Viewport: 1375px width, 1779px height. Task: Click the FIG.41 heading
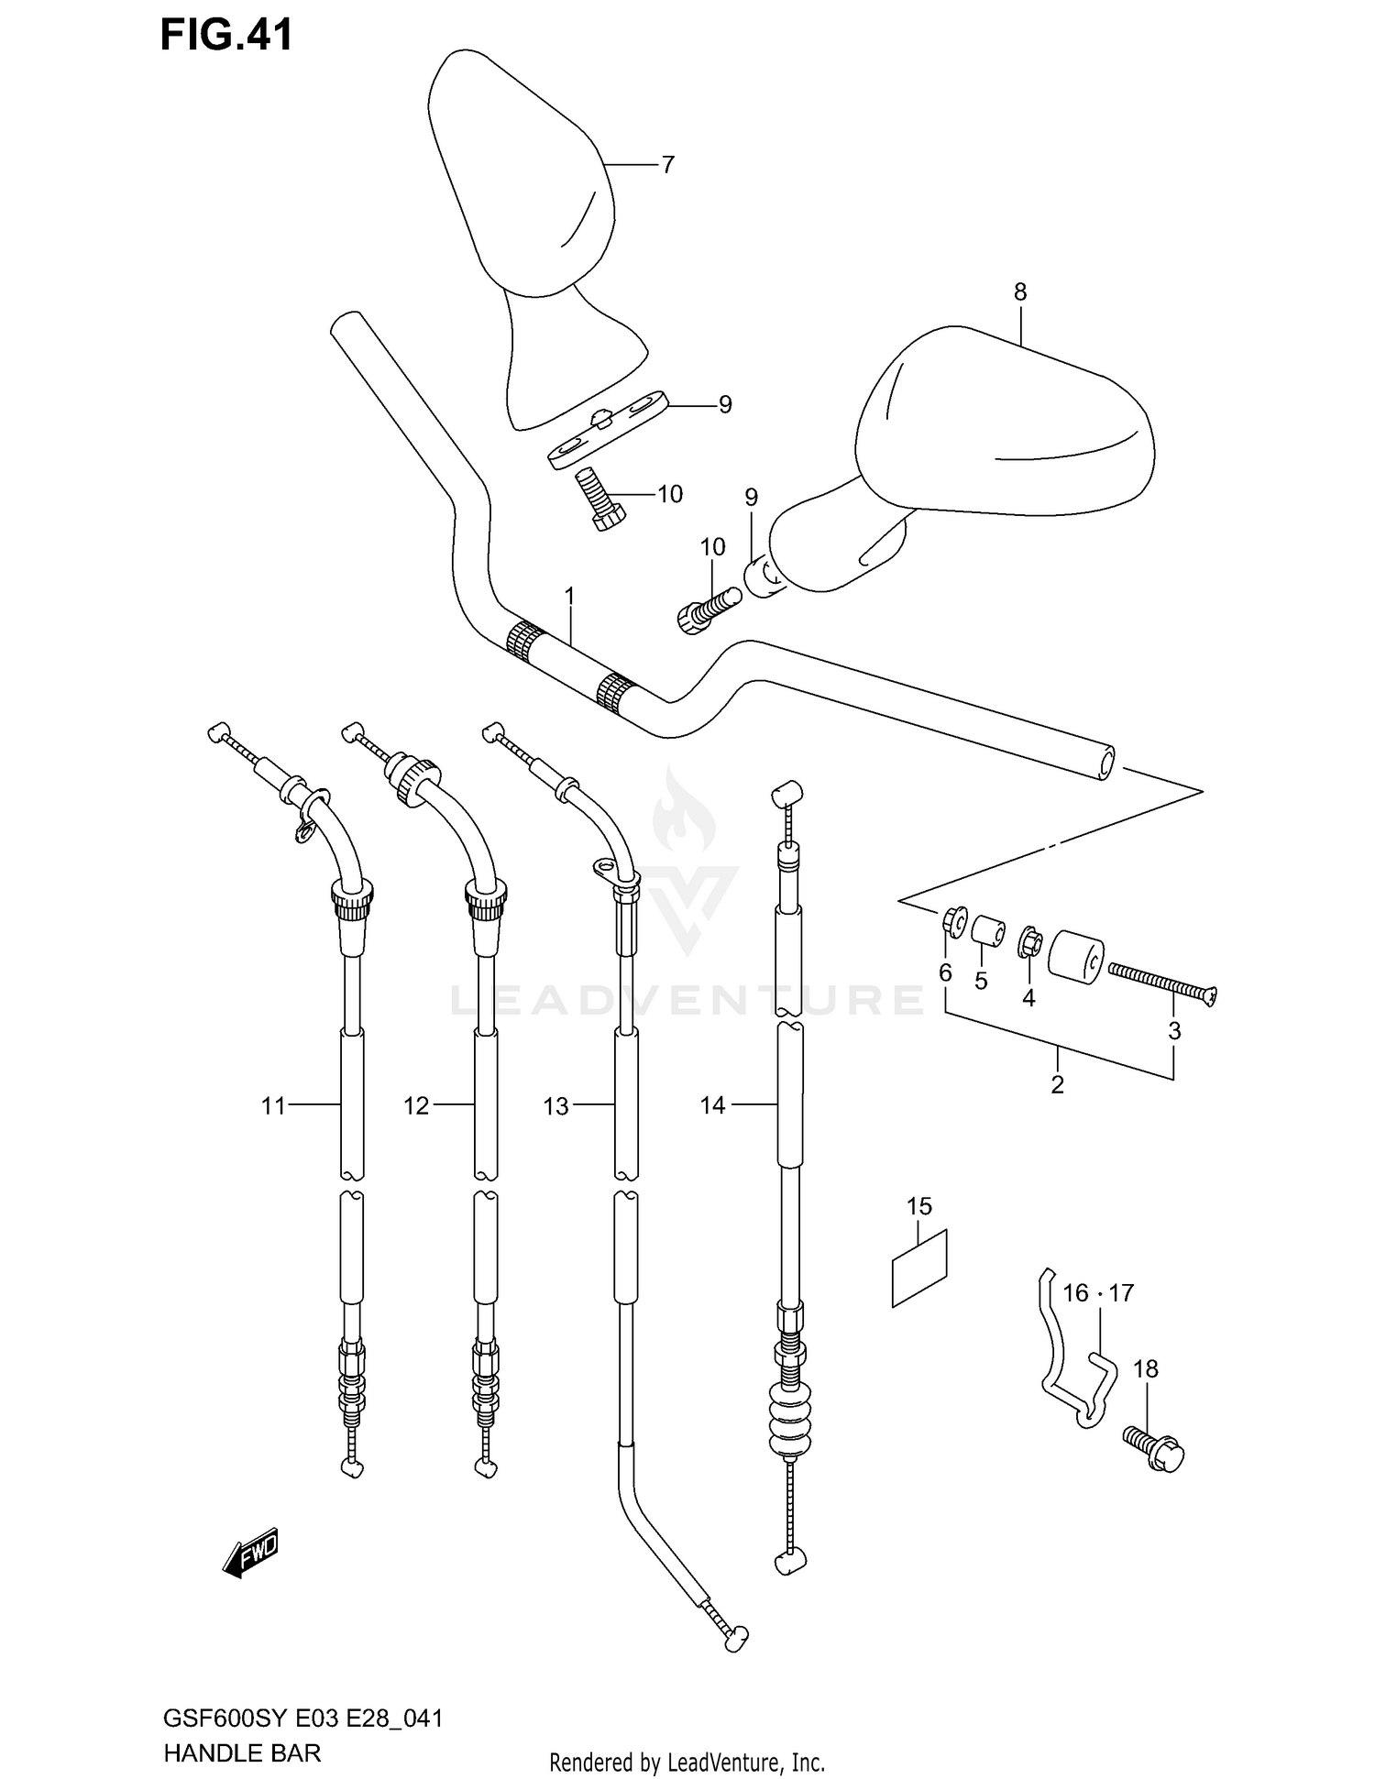(226, 35)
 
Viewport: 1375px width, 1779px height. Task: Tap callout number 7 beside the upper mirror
(667, 165)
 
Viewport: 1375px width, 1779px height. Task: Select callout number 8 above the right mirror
(1019, 292)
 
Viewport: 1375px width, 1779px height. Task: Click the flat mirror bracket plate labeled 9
(608, 428)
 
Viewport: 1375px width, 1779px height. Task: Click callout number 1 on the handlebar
(569, 597)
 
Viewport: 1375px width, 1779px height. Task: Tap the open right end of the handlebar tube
(1104, 763)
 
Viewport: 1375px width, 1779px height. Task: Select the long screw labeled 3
(1161, 985)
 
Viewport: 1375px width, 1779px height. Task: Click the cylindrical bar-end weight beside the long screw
(1076, 957)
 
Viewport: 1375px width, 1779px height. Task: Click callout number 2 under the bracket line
(1057, 1084)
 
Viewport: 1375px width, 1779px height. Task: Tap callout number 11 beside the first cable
(273, 1106)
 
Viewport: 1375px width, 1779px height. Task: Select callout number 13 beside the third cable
(555, 1106)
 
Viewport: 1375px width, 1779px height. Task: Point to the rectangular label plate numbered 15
(919, 1267)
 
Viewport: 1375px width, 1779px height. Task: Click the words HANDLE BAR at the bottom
(242, 1754)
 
